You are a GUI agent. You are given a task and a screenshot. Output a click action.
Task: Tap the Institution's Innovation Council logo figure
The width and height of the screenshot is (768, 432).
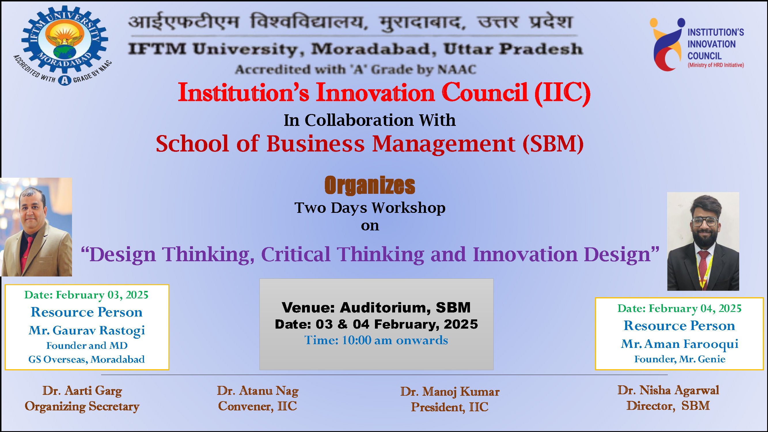click(667, 45)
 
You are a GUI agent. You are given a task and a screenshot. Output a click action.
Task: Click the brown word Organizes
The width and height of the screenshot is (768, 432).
click(370, 185)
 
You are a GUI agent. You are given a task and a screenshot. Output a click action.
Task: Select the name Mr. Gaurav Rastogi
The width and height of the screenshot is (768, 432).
click(87, 330)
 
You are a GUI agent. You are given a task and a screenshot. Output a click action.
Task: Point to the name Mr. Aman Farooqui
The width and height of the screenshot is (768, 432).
click(680, 344)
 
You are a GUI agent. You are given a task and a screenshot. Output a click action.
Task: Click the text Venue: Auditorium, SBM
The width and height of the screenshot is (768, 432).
click(376, 307)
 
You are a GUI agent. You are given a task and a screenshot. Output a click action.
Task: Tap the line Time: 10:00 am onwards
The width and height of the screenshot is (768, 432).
click(376, 340)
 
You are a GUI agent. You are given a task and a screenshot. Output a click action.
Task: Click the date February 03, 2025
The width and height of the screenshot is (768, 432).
click(102, 295)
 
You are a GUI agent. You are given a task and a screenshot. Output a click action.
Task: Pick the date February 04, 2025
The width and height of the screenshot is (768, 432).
click(695, 308)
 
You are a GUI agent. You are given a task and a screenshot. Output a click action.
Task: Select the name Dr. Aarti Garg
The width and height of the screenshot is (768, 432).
click(82, 391)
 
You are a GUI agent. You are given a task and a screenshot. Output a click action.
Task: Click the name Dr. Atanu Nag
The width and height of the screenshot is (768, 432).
click(258, 391)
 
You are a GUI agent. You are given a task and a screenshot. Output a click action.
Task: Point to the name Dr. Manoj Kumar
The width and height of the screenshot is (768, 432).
click(450, 392)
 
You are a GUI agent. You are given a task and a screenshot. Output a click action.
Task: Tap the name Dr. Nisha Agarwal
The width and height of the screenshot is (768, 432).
click(668, 390)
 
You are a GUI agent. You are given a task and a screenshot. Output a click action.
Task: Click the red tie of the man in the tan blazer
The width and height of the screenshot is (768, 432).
click(27, 251)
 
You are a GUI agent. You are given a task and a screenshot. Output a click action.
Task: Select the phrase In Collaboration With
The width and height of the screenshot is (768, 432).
click(370, 120)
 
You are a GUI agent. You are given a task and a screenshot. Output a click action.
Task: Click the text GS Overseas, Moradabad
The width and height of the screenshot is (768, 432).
click(87, 359)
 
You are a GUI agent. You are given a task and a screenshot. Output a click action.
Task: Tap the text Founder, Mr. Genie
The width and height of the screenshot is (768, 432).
click(680, 359)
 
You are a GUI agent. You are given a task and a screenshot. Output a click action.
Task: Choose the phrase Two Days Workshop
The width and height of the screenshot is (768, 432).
click(370, 208)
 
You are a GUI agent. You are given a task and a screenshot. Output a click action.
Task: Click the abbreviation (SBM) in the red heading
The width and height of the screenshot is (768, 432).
click(553, 144)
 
